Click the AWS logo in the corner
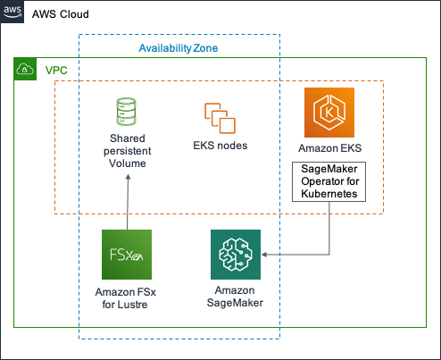pyautogui.click(x=12, y=11)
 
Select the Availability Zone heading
pyautogui.click(x=179, y=47)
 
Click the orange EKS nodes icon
pyautogui.click(x=220, y=118)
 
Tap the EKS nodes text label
pyautogui.click(x=220, y=146)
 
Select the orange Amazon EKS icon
pyautogui.click(x=329, y=112)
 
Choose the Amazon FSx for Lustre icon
pyautogui.click(x=127, y=255)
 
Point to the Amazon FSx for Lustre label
pyautogui.click(x=127, y=298)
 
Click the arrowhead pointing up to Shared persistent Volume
pyautogui.click(x=127, y=177)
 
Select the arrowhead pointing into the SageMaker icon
pyautogui.click(x=266, y=255)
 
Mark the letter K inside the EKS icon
pyautogui.click(x=329, y=113)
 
